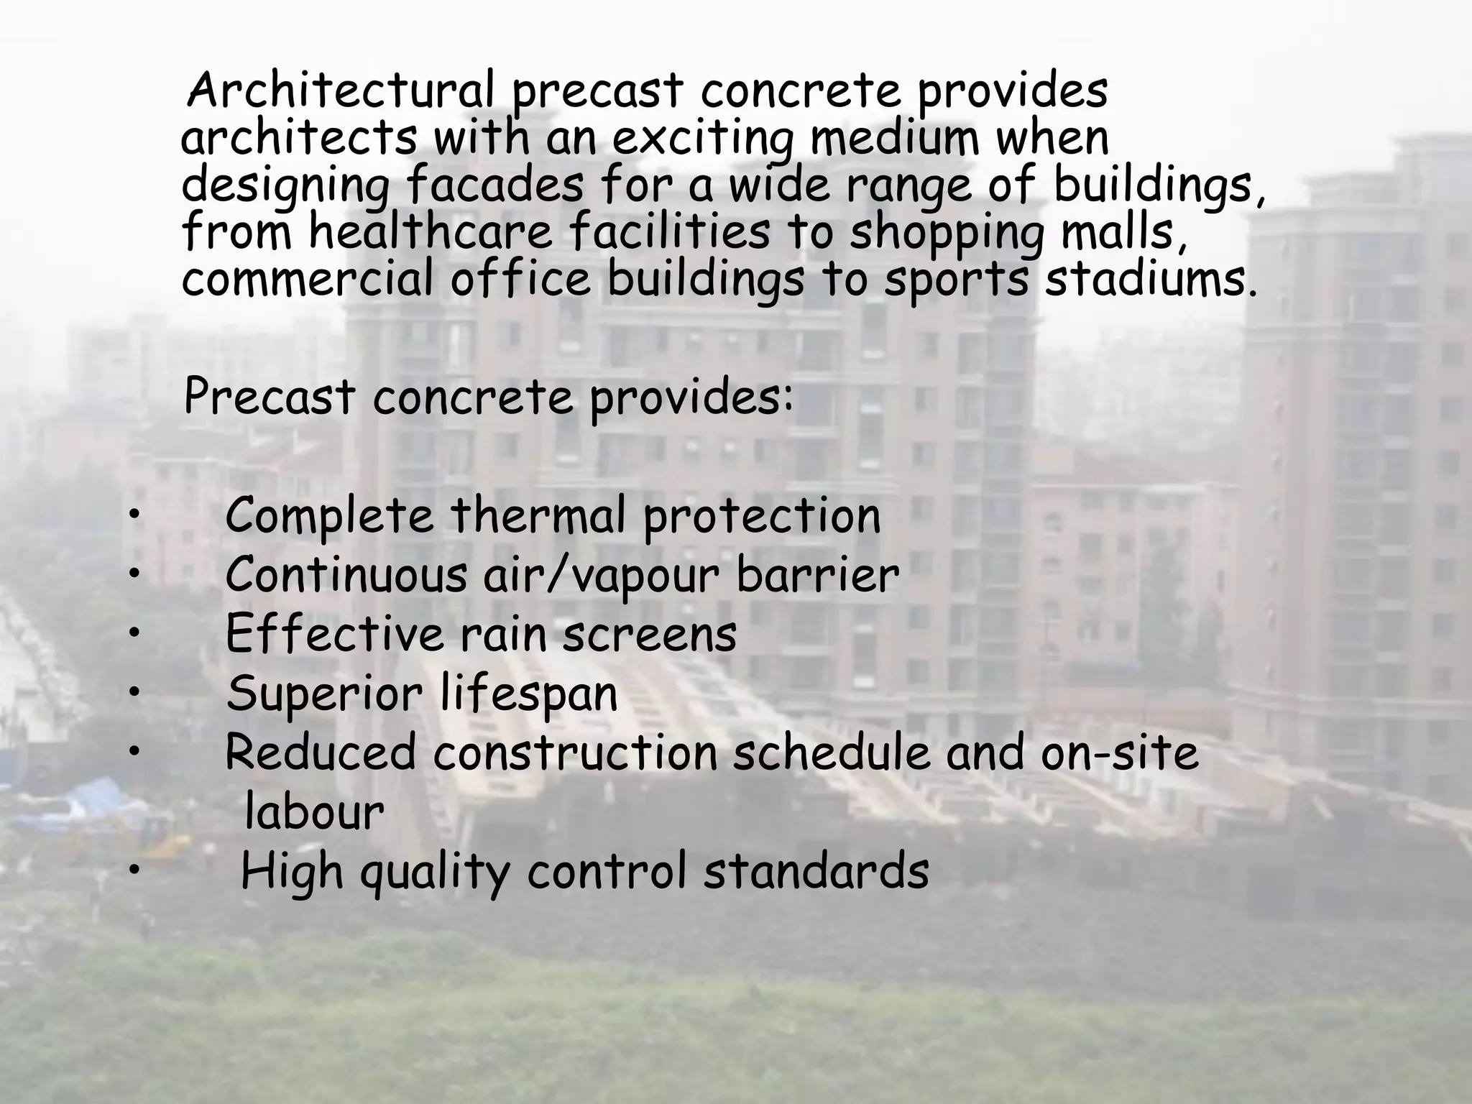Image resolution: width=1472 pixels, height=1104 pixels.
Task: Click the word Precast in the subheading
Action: (270, 397)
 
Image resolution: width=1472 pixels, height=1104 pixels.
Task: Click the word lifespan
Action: (528, 694)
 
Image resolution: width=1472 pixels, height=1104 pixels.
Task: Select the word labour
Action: (314, 812)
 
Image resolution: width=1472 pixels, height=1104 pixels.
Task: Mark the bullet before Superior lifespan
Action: (134, 692)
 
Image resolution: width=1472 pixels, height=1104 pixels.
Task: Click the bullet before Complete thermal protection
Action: (134, 515)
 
